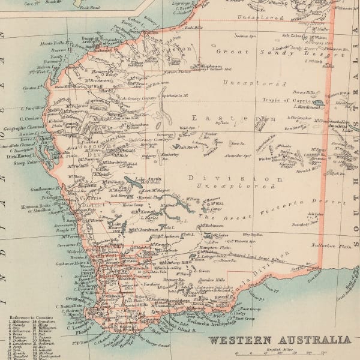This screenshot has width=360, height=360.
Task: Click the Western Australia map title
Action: [279, 340]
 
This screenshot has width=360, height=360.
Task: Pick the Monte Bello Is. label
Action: [52, 44]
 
